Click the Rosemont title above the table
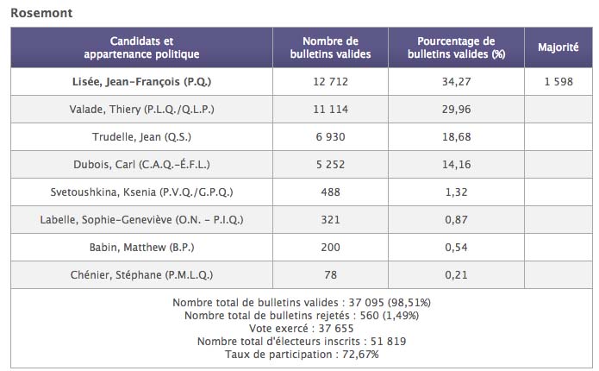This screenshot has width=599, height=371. pyautogui.click(x=41, y=13)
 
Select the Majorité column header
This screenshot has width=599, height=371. pyautogui.click(x=558, y=47)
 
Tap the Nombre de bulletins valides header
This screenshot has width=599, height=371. pyautogui.click(x=330, y=47)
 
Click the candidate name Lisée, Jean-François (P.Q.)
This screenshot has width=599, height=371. pyautogui.click(x=141, y=83)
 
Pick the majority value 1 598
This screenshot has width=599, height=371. pyautogui.click(x=558, y=83)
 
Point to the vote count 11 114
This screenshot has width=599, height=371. pyautogui.click(x=330, y=110)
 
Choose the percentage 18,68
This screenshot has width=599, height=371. pyautogui.click(x=455, y=137)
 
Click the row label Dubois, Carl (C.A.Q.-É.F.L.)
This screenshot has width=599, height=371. pyautogui.click(x=141, y=164)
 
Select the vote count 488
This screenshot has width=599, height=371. pyautogui.click(x=330, y=192)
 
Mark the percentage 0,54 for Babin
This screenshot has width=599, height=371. pyautogui.click(x=455, y=247)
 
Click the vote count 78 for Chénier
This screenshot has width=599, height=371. pyautogui.click(x=330, y=274)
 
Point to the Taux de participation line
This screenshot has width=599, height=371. pyautogui.click(x=301, y=354)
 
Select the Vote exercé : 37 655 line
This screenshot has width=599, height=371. pyautogui.click(x=301, y=328)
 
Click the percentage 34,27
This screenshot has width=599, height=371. pyautogui.click(x=455, y=83)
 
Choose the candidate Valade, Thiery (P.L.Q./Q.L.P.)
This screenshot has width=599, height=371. pyautogui.click(x=141, y=110)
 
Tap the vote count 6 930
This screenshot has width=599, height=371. pyautogui.click(x=330, y=137)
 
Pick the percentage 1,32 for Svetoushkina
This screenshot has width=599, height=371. pyautogui.click(x=455, y=192)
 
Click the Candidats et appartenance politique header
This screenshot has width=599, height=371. pyautogui.click(x=141, y=47)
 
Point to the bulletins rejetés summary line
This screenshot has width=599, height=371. pyautogui.click(x=301, y=315)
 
